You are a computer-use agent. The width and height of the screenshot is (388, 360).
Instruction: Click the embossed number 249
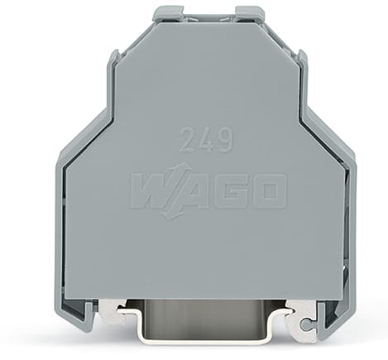(x=206, y=139)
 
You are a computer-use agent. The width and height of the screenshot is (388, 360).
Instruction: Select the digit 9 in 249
(x=224, y=139)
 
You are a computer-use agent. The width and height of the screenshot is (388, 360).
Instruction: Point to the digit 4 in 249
(x=206, y=139)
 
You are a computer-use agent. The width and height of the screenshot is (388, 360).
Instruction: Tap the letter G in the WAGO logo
(x=236, y=191)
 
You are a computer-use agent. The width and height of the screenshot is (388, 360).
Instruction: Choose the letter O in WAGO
(x=269, y=191)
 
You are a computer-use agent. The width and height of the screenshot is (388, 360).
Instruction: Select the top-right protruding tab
(x=249, y=13)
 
